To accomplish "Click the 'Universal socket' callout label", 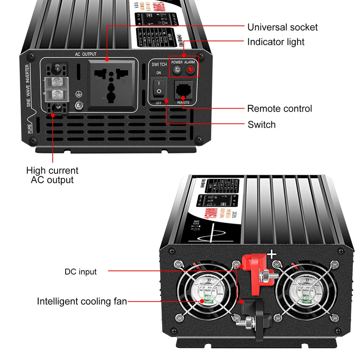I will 282,27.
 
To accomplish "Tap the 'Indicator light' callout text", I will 275,42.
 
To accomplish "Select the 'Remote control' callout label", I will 279,109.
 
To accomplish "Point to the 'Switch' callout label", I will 261,124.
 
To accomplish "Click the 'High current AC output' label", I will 52,175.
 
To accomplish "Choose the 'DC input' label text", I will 81,271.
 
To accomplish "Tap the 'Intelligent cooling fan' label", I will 82,301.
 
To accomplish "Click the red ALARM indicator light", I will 190,70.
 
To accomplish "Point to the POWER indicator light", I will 177,70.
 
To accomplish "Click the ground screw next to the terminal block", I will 80,106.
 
